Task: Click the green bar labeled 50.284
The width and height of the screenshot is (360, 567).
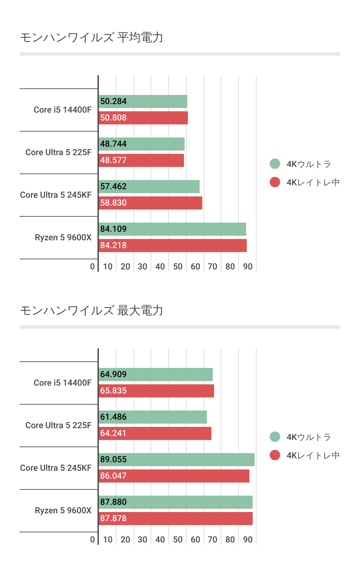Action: pyautogui.click(x=143, y=101)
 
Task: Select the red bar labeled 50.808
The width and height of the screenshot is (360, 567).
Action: pyautogui.click(x=143, y=118)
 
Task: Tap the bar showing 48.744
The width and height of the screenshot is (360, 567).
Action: pyautogui.click(x=142, y=144)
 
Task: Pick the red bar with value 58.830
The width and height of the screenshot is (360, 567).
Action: pyautogui.click(x=151, y=203)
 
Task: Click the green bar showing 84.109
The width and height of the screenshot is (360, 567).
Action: pyautogui.click(x=172, y=229)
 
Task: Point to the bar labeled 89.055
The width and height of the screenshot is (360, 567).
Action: pyautogui.click(x=177, y=460)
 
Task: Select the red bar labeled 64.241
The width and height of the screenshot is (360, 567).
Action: pyautogui.click(x=155, y=433)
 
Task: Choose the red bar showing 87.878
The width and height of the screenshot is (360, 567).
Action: pyautogui.click(x=176, y=519)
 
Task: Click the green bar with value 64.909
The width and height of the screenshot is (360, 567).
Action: pyautogui.click(x=156, y=375)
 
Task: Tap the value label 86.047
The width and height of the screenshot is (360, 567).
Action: pyautogui.click(x=113, y=476)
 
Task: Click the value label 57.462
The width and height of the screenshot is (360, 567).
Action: pyautogui.click(x=113, y=187)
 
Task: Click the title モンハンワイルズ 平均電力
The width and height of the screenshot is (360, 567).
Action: pyautogui.click(x=91, y=38)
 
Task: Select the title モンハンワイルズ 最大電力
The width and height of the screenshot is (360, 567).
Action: pyautogui.click(x=91, y=311)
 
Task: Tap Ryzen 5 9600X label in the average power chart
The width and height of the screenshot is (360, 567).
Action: pyautogui.click(x=63, y=238)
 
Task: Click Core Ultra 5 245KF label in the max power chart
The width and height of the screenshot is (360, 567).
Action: pyautogui.click(x=56, y=468)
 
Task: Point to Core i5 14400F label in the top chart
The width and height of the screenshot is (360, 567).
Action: pyautogui.click(x=63, y=110)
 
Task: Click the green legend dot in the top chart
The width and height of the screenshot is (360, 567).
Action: pyautogui.click(x=275, y=164)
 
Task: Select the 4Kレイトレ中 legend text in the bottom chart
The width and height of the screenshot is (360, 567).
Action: pyautogui.click(x=313, y=455)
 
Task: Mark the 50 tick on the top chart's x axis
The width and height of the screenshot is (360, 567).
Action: pyautogui.click(x=178, y=267)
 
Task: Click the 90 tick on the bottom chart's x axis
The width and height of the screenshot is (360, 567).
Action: pyautogui.click(x=248, y=540)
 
